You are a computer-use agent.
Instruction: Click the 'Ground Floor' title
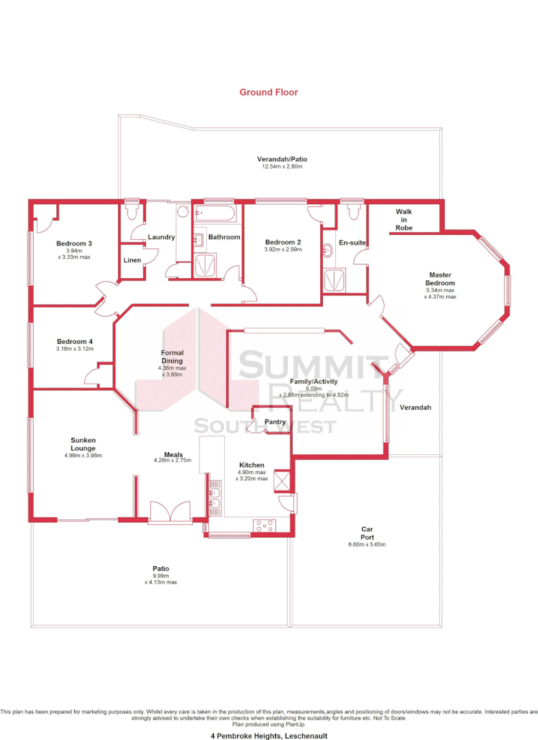coord(269,92)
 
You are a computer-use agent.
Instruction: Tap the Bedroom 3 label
coord(74,243)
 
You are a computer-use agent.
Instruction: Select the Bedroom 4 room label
coord(74,341)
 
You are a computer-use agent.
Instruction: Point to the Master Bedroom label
coord(440,280)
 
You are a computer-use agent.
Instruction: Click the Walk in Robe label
coord(404,220)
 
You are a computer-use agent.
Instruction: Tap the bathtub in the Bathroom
coord(217,214)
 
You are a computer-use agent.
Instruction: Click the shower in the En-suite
coord(334,280)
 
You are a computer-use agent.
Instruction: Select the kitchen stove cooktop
coord(264,526)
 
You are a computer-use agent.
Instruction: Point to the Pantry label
coord(275,422)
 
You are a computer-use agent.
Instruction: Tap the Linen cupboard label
coord(132,260)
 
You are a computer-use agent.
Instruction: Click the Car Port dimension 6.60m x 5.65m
coord(367,545)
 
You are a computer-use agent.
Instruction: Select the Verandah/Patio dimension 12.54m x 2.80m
coord(282,166)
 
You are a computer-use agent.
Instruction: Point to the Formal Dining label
coord(173,356)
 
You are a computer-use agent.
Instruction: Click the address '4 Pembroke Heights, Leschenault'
coord(269,735)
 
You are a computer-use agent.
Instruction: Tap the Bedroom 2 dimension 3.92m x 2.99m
coord(283,249)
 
